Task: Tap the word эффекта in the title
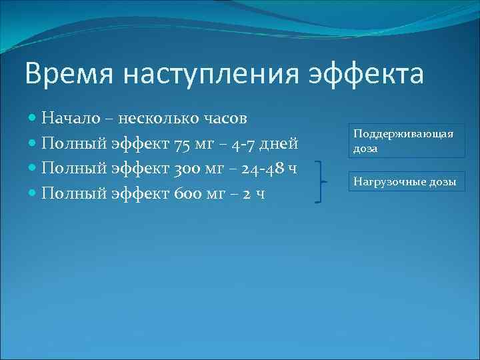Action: click(x=365, y=75)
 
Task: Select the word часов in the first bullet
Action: click(x=225, y=118)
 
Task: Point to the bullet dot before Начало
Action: click(x=33, y=119)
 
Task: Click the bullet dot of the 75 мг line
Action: click(x=33, y=144)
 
